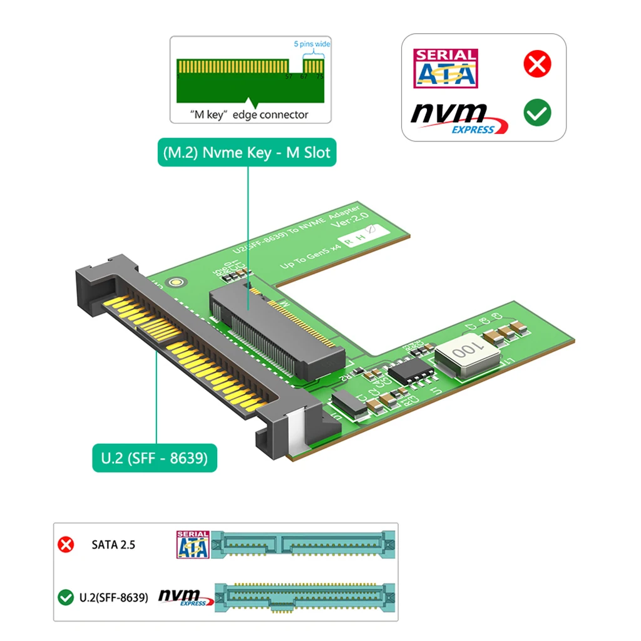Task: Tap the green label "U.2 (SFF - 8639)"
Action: click(155, 458)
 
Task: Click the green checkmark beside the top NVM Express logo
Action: click(536, 113)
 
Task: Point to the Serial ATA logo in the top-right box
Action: click(445, 68)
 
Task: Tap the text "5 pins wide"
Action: click(312, 44)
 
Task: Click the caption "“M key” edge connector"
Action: click(250, 115)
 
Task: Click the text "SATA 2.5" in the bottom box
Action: click(113, 544)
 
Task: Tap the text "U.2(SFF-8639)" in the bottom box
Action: click(114, 597)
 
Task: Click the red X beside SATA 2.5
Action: click(66, 544)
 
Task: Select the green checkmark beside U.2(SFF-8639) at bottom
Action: click(66, 597)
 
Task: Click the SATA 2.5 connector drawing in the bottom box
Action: click(304, 543)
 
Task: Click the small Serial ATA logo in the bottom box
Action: click(193, 544)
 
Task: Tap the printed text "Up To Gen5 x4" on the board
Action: click(310, 255)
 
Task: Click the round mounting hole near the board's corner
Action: click(180, 282)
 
